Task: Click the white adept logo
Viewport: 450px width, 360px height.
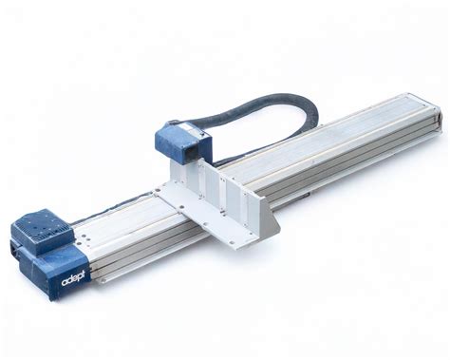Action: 73,279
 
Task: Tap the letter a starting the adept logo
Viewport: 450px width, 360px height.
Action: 65,283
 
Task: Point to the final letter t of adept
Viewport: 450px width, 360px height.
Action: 84,276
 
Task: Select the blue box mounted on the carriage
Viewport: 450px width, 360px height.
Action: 182,142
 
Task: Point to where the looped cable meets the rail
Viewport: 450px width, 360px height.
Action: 221,163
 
